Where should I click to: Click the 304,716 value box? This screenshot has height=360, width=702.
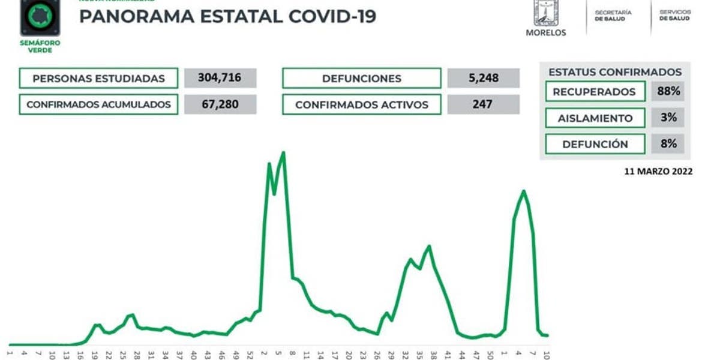point(220,78)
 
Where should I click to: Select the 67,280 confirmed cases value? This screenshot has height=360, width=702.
point(220,104)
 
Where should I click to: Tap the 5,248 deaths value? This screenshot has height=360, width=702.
point(483,78)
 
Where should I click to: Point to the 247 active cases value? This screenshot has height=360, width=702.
point(483,104)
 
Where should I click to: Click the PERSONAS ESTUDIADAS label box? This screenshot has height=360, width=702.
point(98,78)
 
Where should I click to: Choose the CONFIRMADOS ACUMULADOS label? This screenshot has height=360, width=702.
point(98,104)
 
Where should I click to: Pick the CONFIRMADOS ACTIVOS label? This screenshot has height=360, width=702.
point(362,104)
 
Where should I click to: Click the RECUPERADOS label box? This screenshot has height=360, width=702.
point(594,92)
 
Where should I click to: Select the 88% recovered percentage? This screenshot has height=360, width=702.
point(668,92)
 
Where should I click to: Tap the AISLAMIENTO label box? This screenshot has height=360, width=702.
point(594,118)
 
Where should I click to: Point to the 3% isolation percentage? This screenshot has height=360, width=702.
point(668,118)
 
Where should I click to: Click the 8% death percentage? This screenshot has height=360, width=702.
point(668,144)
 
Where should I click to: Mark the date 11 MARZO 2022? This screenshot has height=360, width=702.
point(658,171)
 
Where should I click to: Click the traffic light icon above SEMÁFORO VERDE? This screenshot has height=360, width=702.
point(40,18)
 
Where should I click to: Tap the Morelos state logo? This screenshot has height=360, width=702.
point(545,13)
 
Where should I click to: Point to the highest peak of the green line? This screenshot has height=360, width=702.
point(283,152)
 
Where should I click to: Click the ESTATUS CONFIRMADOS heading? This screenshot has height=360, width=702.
point(615,72)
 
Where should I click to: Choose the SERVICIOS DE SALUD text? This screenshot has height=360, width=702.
point(674,15)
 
